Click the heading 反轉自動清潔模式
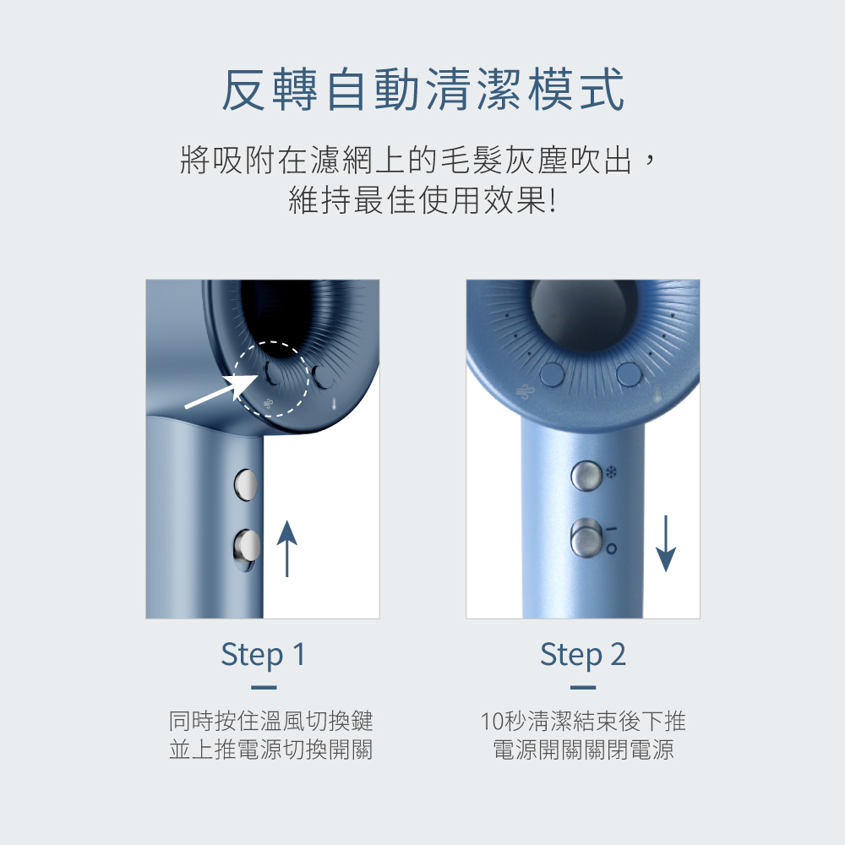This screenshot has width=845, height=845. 422,90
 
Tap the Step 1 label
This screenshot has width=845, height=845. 263,654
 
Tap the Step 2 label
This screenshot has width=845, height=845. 583,654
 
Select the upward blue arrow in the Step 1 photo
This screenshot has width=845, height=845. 286,548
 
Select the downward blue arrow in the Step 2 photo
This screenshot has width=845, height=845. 666,543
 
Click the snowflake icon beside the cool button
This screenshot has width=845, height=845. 611,472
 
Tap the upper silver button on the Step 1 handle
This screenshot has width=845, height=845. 246,484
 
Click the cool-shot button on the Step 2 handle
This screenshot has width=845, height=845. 586,476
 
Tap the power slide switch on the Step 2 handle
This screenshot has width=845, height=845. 586,537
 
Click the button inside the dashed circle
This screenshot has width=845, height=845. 273,373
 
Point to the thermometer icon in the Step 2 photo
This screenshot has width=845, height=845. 657,396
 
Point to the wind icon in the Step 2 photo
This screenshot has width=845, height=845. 523,392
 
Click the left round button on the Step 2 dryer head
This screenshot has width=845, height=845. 553,374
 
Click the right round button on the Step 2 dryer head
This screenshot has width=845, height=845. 629,374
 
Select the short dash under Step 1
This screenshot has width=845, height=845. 264,688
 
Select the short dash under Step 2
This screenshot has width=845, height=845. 583,688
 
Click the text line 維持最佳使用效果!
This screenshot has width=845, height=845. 422,200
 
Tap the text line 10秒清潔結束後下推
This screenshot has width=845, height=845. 583,721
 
